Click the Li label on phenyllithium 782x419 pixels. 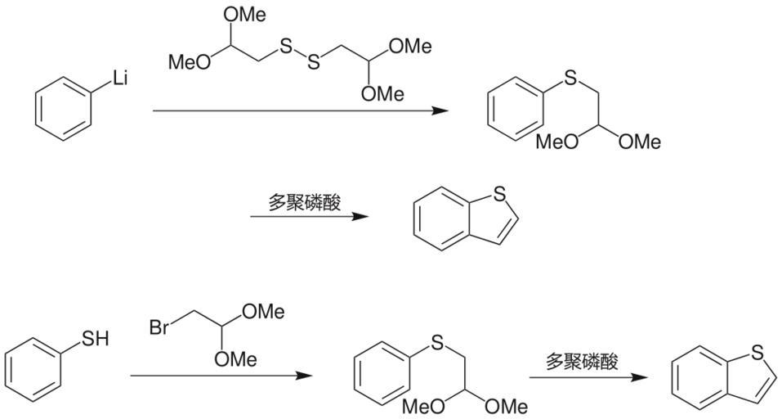120,79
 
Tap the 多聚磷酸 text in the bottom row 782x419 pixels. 582,361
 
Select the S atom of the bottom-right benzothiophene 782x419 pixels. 757,352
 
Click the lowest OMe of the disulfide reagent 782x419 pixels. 382,94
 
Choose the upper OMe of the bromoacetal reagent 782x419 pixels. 263,312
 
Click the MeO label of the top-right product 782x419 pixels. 556,142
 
